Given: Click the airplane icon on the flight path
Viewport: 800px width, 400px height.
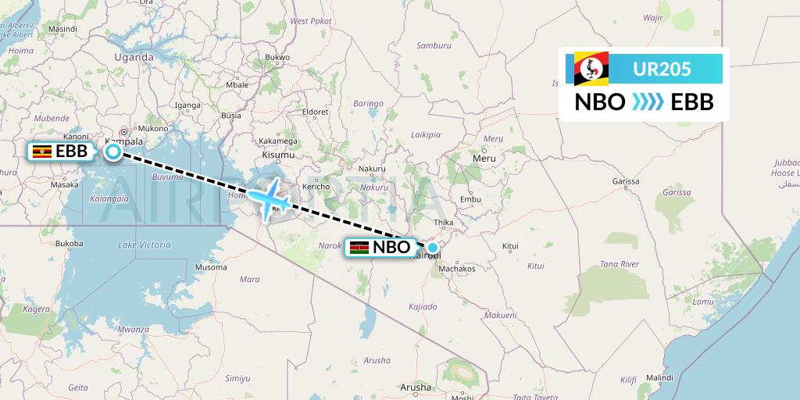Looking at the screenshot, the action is (x=270, y=200).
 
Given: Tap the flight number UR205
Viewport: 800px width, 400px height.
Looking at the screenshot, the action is (x=661, y=69).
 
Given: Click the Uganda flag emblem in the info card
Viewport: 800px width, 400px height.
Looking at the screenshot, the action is (x=591, y=69).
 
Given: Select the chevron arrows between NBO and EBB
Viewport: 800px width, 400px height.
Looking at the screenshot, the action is (x=648, y=102).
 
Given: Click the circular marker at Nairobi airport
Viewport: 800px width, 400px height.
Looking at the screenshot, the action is (x=432, y=247).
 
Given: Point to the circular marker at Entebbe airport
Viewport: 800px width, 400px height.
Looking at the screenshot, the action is (x=113, y=152).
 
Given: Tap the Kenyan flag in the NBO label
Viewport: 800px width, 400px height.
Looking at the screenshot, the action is (x=359, y=248).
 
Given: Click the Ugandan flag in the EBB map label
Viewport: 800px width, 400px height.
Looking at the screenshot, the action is (x=42, y=152).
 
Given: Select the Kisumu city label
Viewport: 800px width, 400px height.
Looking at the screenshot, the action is (x=279, y=155).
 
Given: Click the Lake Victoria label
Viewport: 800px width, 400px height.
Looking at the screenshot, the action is (x=145, y=245).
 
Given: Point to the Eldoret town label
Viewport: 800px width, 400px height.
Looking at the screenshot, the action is (x=316, y=112).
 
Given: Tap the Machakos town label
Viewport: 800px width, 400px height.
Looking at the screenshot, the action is (x=457, y=269).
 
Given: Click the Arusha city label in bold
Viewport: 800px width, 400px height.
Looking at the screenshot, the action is (x=415, y=387).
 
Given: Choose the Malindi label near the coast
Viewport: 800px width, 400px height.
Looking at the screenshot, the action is (x=660, y=377).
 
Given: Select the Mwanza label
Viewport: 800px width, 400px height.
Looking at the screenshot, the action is (x=132, y=329).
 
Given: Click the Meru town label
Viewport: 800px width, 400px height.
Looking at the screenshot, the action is (x=484, y=158).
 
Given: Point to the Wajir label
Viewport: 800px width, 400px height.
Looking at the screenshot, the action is (x=652, y=16).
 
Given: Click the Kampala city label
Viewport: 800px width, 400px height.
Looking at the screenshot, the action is (x=124, y=141).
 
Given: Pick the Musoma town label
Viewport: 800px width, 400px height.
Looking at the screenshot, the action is (x=211, y=267).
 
